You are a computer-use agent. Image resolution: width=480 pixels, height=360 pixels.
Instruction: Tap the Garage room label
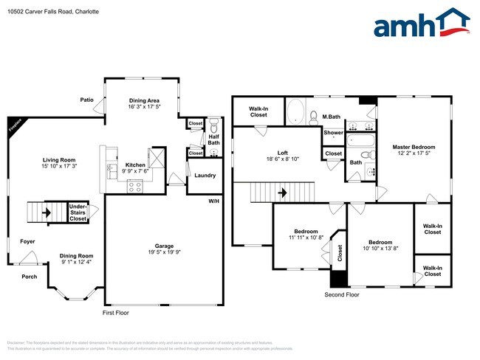[163, 246]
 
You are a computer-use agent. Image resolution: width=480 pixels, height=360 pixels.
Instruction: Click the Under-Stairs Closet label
[78, 212]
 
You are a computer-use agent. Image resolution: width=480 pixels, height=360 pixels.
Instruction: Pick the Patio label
[87, 99]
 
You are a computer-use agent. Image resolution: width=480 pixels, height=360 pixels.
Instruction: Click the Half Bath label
[213, 141]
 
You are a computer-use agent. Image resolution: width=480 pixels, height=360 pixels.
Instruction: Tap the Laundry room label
[205, 176]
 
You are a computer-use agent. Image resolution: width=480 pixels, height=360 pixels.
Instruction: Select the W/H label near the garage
[213, 200]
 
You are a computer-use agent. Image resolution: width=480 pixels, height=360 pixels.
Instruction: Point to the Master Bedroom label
[414, 148]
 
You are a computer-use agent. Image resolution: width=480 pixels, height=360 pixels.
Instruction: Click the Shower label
[332, 134]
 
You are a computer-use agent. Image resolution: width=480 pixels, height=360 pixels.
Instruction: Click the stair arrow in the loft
[281, 193]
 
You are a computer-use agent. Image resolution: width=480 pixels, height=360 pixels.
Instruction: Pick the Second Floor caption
[343, 294]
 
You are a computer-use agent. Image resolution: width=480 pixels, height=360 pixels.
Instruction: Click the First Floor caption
[117, 313]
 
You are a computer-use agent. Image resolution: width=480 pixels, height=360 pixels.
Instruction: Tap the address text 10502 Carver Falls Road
[41, 13]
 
